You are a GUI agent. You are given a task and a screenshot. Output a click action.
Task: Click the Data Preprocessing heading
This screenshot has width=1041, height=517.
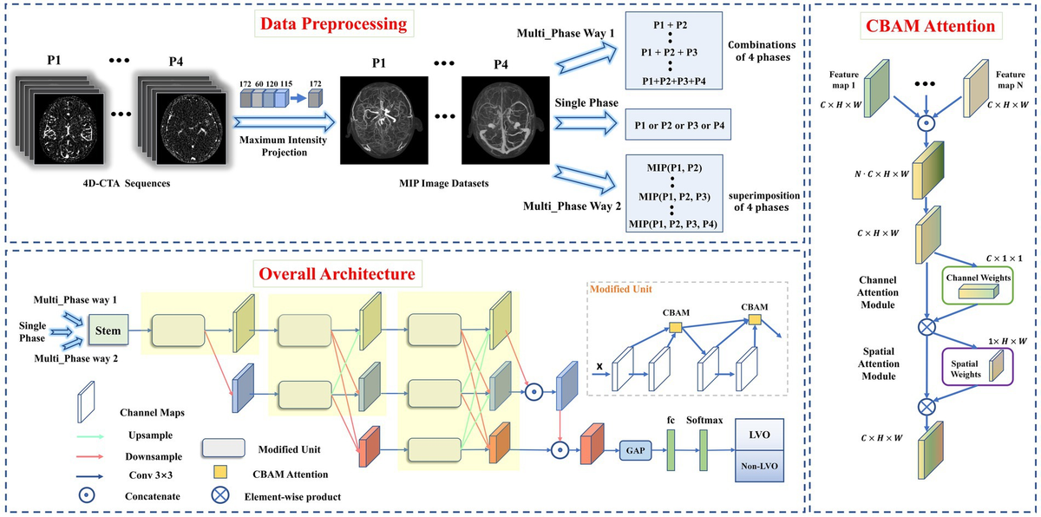tap(333, 24)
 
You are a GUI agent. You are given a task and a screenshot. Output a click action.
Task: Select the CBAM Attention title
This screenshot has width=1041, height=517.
tap(930, 26)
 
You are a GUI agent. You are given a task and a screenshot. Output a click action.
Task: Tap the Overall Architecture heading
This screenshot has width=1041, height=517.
tap(337, 273)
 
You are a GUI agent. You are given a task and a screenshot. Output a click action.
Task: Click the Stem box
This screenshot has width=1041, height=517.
tap(108, 330)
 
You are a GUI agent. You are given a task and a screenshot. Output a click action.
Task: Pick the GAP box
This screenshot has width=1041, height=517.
tap(635, 450)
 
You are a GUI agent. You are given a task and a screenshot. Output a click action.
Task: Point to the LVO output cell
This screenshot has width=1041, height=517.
tap(759, 435)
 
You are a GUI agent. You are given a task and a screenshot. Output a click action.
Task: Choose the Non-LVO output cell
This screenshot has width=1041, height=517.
tap(759, 466)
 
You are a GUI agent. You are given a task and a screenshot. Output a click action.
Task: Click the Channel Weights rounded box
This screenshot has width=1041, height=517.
tap(978, 285)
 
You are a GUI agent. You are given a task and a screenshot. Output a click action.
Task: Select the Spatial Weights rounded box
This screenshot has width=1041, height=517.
tap(978, 367)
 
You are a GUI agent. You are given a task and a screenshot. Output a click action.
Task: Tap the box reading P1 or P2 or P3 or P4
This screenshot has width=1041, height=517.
tap(678, 125)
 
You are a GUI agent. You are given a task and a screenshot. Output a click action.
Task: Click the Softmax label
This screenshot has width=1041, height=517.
tap(704, 421)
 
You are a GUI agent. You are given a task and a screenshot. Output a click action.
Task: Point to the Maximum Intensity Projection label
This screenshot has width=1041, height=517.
tap(284, 146)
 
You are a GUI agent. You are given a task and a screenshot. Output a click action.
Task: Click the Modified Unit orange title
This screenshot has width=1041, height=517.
tap(621, 289)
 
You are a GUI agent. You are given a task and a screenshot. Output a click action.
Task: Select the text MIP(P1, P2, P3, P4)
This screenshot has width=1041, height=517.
tap(673, 225)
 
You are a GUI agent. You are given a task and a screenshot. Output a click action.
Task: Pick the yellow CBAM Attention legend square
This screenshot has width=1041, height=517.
tap(219, 473)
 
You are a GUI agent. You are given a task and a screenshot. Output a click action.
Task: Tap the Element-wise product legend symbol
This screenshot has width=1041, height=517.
tap(219, 495)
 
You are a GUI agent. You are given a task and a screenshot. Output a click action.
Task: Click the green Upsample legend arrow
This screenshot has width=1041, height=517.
tap(90, 436)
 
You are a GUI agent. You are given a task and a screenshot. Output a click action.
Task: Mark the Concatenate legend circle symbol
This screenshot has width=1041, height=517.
tap(87, 495)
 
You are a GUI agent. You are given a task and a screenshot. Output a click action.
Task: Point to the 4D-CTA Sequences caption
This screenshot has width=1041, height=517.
tap(127, 183)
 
